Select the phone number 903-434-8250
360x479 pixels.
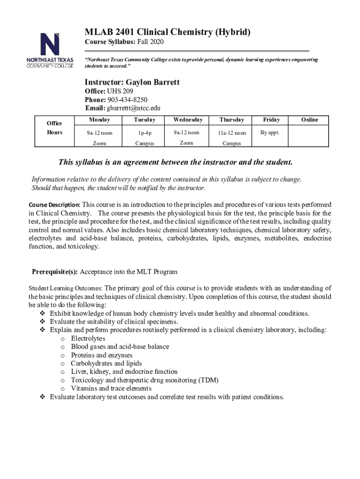pos(128,100)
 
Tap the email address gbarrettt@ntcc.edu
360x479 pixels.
pos(134,108)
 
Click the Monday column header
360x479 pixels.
pos(99,120)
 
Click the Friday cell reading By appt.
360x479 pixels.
pos(270,132)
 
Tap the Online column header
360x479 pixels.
pos(310,120)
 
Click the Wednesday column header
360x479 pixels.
pos(188,120)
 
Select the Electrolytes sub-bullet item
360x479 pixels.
pos(88,338)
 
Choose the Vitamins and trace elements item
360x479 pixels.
pos(111,388)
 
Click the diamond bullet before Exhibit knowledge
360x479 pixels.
pos(42,313)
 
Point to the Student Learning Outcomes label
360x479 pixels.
pos(66,288)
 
